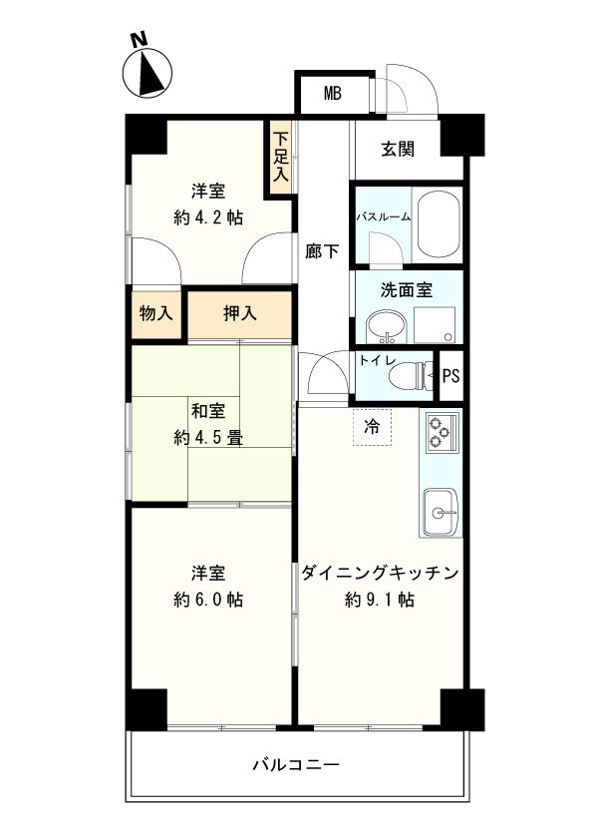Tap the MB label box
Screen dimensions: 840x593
pos(332,95)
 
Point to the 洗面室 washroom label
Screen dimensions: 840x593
pos(407,290)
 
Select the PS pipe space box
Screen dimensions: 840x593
pos(450,376)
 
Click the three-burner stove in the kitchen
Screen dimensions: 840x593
pos(440,432)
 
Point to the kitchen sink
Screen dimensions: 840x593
pos(440,513)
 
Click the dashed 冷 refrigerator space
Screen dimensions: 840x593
pos(371,427)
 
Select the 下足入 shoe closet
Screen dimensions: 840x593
pos(281,157)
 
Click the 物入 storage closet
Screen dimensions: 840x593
pos(154,313)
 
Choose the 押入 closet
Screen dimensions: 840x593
pos(240,313)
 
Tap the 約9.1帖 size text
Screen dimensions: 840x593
pos(380,600)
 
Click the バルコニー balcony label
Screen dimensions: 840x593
pos(296,766)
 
